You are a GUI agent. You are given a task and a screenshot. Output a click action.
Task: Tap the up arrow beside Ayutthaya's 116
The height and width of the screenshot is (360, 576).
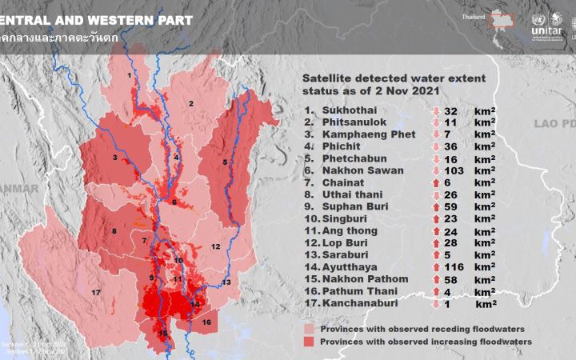437,266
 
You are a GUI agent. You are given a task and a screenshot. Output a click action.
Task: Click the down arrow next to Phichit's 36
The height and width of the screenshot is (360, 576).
437,146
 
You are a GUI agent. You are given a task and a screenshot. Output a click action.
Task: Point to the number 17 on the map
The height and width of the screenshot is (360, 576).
96,293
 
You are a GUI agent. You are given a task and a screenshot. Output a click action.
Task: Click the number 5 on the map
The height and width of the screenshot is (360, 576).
225,162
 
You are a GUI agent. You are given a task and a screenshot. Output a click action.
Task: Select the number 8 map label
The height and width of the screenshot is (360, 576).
114,232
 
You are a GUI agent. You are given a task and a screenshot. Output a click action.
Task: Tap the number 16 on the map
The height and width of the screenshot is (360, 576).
206,322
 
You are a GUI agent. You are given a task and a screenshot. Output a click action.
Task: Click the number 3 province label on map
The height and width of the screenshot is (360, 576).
116,158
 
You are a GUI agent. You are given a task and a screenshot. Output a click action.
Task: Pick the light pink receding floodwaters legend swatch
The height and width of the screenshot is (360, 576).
310,329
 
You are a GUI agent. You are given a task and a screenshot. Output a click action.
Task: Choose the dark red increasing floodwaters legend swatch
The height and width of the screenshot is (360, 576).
310,342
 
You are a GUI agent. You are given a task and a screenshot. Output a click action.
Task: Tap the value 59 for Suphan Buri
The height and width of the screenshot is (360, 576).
451,206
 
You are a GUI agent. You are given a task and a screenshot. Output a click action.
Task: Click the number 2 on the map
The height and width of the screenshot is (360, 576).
191,103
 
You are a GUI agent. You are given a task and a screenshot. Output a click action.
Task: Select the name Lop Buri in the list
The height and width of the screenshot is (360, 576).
346,242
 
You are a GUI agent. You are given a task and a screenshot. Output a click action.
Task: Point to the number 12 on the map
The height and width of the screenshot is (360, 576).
215,246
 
